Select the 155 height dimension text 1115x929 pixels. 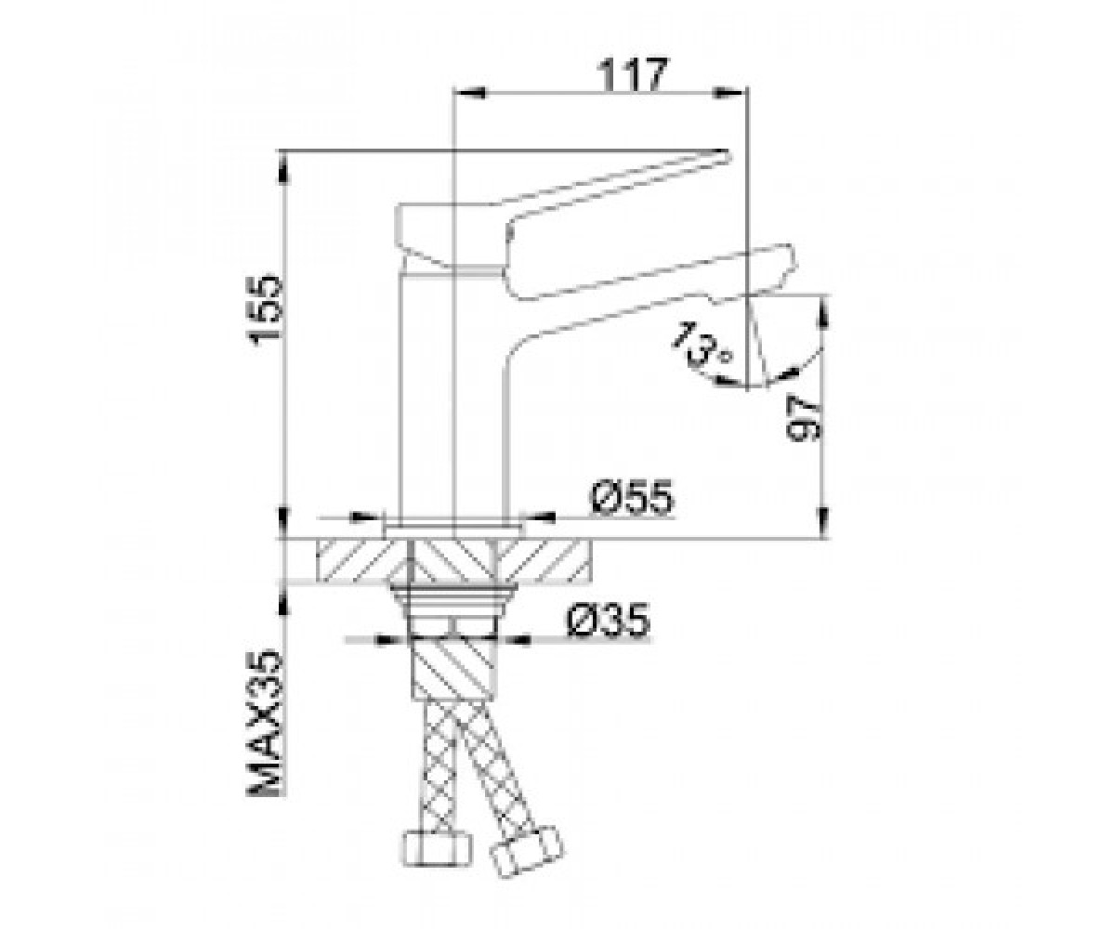(x=264, y=310)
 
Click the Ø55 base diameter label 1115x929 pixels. (x=632, y=498)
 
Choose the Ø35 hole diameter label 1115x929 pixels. (x=609, y=620)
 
